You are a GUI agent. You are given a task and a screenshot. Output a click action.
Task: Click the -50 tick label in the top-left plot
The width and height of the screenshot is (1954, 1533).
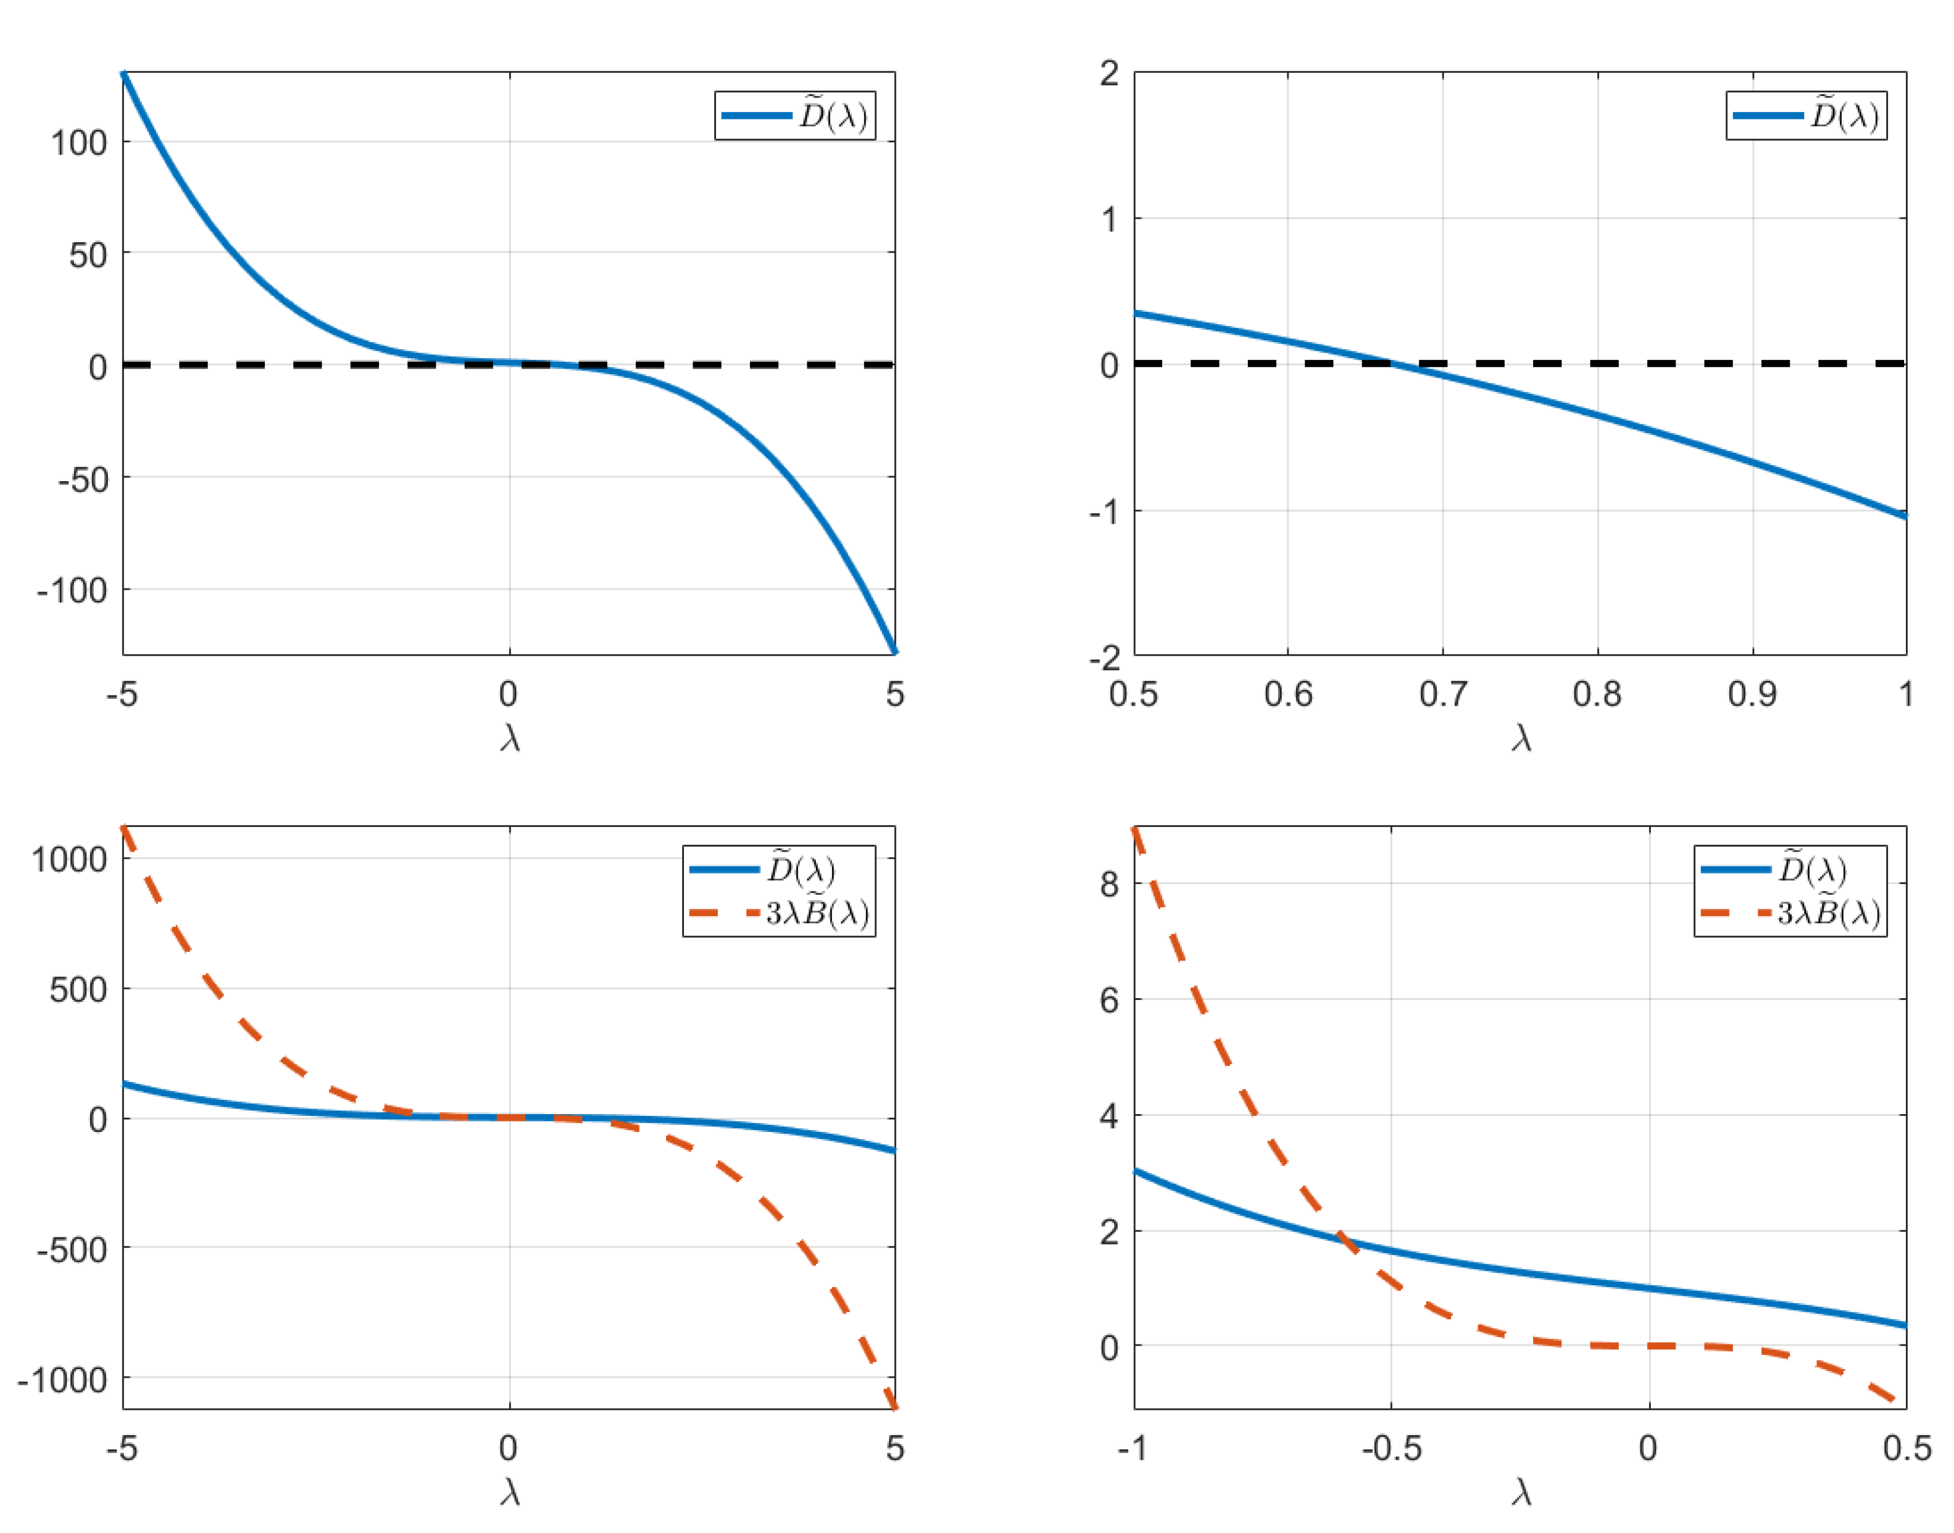(x=83, y=480)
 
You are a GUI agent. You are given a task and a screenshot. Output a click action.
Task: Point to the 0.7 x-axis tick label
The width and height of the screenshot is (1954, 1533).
(x=1443, y=694)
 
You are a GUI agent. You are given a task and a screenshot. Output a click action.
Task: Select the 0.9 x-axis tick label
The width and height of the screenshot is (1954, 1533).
(x=1751, y=694)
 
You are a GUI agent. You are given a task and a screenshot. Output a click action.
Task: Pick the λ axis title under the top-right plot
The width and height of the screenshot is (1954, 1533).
(x=1520, y=738)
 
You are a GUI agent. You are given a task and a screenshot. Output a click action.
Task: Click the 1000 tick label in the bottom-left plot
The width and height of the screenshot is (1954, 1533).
(x=69, y=860)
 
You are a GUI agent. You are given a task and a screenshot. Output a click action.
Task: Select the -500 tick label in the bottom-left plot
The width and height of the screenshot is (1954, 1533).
(x=73, y=1250)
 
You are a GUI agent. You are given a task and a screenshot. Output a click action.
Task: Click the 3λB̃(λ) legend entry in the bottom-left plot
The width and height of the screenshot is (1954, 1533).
(x=779, y=914)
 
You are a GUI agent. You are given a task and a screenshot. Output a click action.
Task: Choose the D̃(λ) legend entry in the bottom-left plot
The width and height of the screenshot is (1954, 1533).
(x=779, y=869)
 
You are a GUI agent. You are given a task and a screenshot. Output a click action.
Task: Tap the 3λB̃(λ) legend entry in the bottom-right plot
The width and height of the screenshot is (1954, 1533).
(x=1791, y=914)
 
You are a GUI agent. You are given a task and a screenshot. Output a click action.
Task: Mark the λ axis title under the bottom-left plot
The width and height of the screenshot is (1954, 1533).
(x=510, y=1492)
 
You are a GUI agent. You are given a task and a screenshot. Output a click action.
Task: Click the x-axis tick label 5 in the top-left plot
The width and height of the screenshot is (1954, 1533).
(x=894, y=694)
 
